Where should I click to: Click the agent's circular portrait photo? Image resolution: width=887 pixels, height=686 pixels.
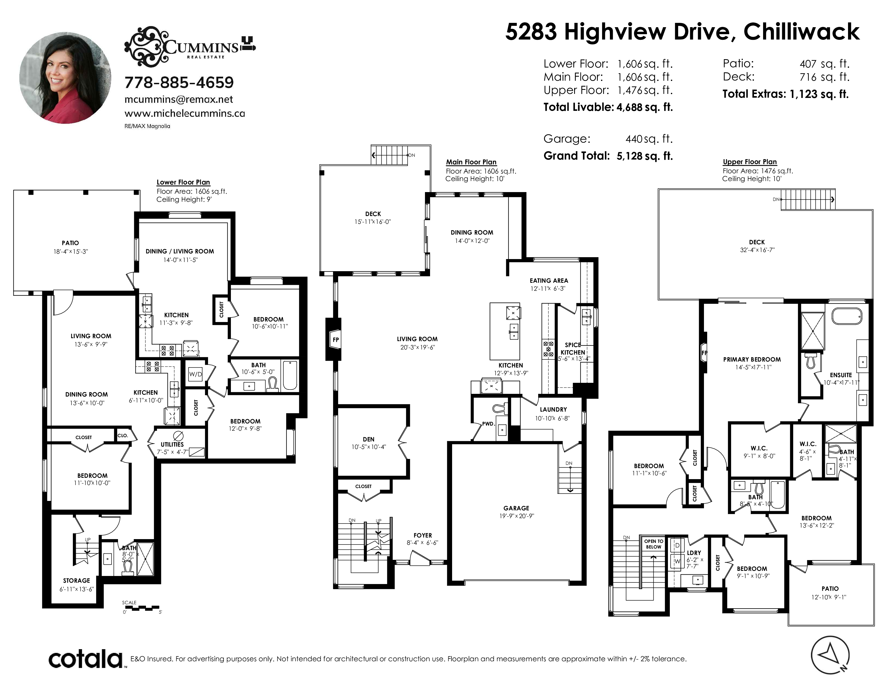tap(65, 78)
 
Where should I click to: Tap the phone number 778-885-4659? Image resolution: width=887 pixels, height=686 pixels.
tap(179, 83)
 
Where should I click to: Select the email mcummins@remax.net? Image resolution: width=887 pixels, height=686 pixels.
tap(179, 100)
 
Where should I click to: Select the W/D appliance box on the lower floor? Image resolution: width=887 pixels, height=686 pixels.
tap(195, 374)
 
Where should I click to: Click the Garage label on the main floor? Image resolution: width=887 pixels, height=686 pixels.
tap(516, 508)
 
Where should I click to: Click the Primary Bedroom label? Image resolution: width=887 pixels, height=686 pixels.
tap(752, 359)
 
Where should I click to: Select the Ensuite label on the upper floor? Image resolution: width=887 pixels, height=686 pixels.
tap(841, 375)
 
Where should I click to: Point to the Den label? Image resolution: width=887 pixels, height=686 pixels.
tap(368, 439)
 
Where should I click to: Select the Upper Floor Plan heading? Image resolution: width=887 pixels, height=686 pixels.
tap(750, 162)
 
